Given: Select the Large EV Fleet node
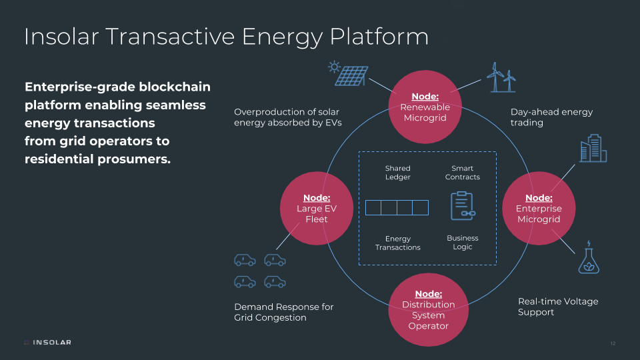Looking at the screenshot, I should [x=317, y=209].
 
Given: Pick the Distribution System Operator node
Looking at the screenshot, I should [x=428, y=310].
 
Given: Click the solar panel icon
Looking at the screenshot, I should [x=347, y=73].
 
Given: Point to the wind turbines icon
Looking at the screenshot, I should [x=501, y=77].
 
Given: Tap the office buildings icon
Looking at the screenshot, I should [x=593, y=149].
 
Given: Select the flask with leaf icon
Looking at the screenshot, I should [x=588, y=257].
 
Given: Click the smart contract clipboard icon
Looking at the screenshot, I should [x=462, y=205].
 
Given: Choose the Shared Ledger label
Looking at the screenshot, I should [x=398, y=173].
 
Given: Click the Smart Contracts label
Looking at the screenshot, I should [x=462, y=173].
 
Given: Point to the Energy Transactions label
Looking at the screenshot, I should [x=398, y=243].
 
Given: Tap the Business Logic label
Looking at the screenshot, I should [x=462, y=242].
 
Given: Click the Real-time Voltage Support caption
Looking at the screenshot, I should [x=557, y=307].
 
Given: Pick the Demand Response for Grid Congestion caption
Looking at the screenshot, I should [x=283, y=312].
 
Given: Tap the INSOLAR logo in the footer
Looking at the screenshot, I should [x=47, y=343].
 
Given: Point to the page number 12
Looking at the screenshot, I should [x=613, y=343].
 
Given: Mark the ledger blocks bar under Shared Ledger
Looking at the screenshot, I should [x=397, y=207].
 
